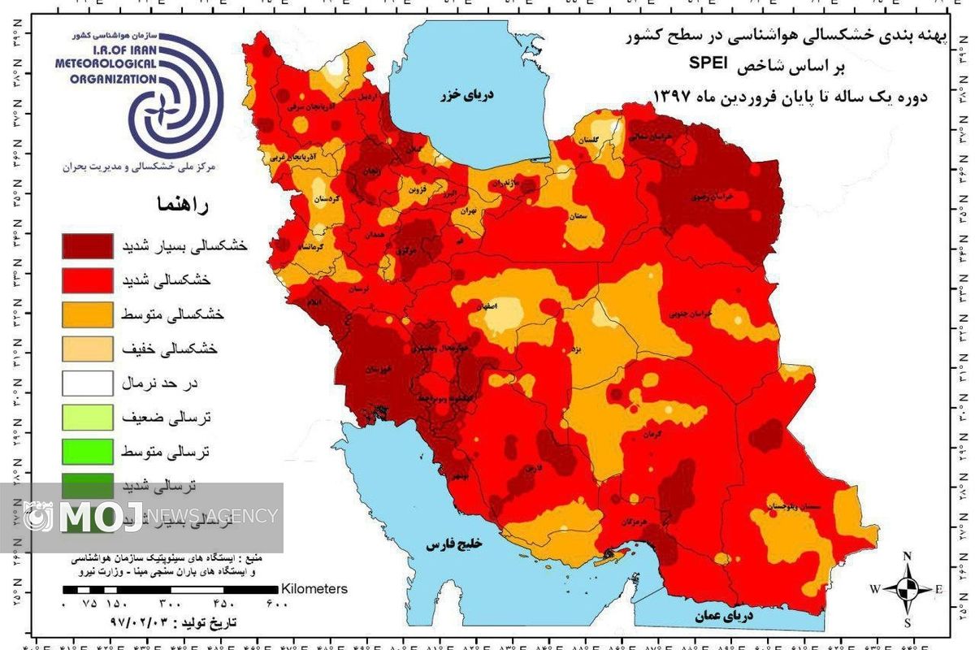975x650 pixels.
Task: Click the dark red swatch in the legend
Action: coord(86,245)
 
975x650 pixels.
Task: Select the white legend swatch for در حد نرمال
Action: coord(86,382)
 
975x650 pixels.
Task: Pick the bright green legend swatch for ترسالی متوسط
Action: coord(86,450)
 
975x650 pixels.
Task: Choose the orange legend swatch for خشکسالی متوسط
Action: coord(86,314)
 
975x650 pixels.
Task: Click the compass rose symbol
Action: coord(908,588)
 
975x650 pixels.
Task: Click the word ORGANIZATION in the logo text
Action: coord(102,79)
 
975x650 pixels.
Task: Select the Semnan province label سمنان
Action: coord(601,216)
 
